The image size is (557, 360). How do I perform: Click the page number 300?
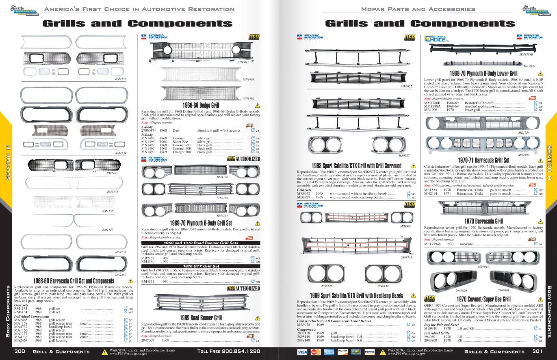(x=20, y=351)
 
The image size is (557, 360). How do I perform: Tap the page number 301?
(x=537, y=351)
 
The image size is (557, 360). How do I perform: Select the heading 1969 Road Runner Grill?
(x=201, y=317)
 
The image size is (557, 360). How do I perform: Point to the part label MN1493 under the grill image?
(x=248, y=80)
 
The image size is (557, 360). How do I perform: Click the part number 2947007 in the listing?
(x=149, y=340)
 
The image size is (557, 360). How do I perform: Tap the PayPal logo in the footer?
(x=369, y=352)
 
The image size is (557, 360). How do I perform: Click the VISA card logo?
(x=302, y=352)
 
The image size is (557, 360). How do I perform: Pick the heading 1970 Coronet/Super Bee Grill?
(x=483, y=299)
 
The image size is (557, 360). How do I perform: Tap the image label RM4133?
(x=121, y=79)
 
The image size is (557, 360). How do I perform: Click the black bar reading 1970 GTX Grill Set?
(x=201, y=266)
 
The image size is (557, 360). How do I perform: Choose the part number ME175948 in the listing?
(x=433, y=244)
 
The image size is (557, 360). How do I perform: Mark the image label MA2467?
(x=121, y=275)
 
